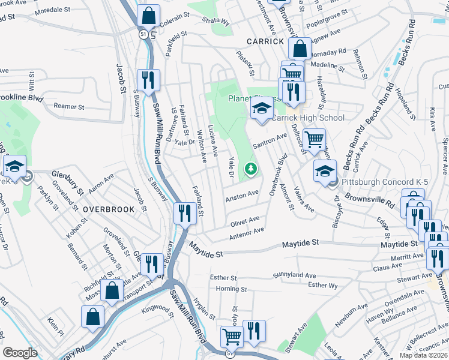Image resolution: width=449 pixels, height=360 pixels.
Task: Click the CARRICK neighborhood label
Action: click(264, 41)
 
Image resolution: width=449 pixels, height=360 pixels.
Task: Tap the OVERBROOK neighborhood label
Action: click(106, 209)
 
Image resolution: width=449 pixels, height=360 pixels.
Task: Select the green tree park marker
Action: click(250, 170)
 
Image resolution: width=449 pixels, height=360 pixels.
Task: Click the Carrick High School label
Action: click(309, 118)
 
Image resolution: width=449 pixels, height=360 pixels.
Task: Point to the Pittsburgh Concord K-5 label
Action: click(375, 182)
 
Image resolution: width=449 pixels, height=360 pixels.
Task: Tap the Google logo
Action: click(20, 353)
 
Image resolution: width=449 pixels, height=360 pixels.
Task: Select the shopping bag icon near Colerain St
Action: click(148, 16)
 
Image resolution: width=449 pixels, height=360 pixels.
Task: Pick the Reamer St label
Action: click(68, 107)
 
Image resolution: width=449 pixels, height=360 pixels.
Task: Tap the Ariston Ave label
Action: click(242, 195)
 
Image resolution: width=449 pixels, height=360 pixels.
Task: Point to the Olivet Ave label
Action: click(245, 221)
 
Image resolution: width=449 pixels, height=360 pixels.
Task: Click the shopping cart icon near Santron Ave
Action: click(314, 140)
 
